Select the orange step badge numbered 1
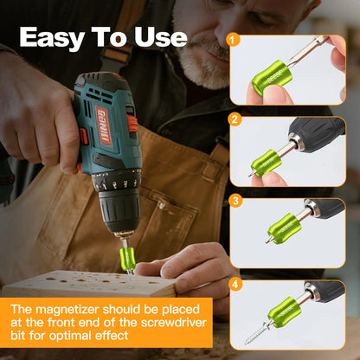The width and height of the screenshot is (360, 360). coord(233,39)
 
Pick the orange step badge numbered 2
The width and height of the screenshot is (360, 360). coord(233,119)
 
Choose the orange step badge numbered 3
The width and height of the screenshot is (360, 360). coord(233,201)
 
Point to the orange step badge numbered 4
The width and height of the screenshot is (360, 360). coord(233,282)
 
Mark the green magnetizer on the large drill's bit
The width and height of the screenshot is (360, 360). coord(128,255)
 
